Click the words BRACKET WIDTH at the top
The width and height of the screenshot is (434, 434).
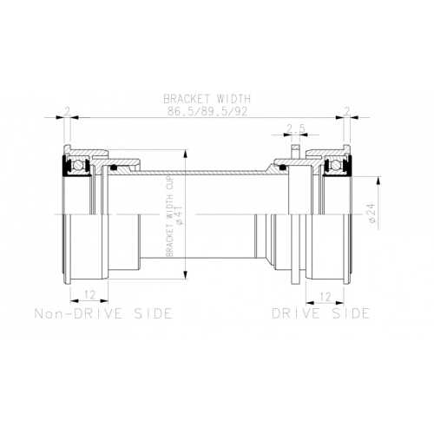(207, 99)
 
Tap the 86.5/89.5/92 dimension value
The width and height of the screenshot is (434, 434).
(207, 111)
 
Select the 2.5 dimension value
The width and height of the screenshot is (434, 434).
(296, 128)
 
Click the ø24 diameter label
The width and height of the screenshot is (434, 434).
(372, 213)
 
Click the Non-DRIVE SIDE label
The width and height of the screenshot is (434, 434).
(103, 313)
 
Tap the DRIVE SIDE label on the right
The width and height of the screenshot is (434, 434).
(321, 313)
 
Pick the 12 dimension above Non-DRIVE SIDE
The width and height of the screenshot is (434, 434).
(90, 295)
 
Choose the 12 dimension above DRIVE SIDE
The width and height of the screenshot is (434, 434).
(325, 297)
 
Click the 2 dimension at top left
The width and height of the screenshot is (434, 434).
(67, 111)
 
